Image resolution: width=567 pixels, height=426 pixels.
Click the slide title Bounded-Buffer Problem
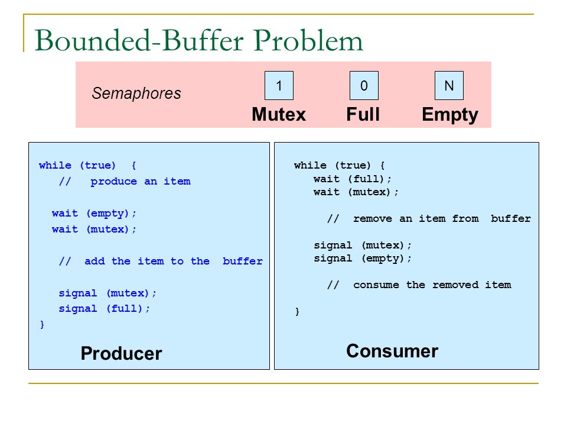click(198, 41)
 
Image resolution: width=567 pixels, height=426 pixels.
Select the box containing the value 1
click(279, 86)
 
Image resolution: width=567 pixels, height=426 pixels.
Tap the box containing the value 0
click(364, 86)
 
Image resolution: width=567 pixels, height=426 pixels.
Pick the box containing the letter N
click(449, 86)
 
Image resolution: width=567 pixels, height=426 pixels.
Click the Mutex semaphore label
click(279, 114)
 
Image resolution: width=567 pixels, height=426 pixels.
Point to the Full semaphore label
click(363, 114)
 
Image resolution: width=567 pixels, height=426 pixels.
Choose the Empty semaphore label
click(450, 114)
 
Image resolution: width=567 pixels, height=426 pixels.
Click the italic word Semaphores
click(136, 93)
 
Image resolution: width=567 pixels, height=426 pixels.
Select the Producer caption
click(121, 353)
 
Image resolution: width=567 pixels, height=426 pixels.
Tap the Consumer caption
click(392, 351)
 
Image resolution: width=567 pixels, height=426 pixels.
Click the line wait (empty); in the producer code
click(94, 213)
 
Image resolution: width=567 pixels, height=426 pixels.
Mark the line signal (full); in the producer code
click(105, 308)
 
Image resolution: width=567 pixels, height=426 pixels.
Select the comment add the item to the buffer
click(161, 261)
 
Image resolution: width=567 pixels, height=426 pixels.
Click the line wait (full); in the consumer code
click(353, 178)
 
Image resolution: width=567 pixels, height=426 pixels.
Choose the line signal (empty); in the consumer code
click(363, 258)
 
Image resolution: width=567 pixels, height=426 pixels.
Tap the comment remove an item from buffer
click(429, 218)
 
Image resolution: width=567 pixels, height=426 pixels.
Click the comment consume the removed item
click(419, 285)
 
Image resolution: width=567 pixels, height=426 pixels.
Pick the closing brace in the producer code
click(41, 324)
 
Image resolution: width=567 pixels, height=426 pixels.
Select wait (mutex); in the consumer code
click(356, 192)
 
